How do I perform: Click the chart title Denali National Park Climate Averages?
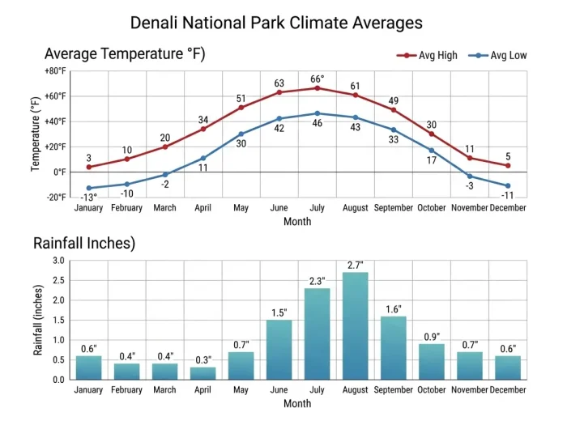[x=276, y=22]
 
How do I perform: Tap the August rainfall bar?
[x=355, y=325]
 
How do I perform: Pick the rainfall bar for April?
[x=202, y=373]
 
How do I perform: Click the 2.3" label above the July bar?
[x=317, y=281]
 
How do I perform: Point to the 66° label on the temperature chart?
[x=318, y=79]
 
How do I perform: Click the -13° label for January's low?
[x=88, y=198]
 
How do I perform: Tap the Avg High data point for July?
[x=317, y=87]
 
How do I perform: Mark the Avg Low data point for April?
[x=202, y=158]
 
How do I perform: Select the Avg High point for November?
[x=470, y=158]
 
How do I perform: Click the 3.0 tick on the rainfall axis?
[x=58, y=261]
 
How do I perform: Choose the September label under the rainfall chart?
[x=393, y=390]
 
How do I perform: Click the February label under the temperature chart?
[x=126, y=208]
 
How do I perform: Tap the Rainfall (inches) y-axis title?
[x=37, y=320]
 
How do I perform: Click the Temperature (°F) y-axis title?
[x=36, y=134]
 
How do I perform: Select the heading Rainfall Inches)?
[x=83, y=243]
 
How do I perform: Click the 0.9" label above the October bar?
[x=431, y=336]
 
